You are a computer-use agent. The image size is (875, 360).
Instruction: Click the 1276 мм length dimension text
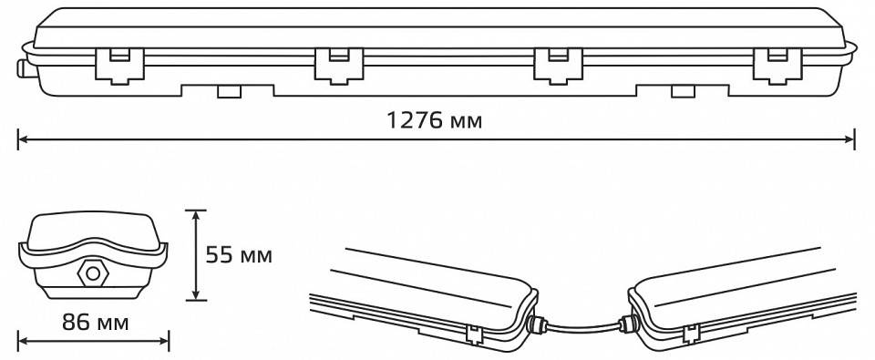click(435, 120)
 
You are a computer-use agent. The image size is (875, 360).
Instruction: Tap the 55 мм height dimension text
click(239, 255)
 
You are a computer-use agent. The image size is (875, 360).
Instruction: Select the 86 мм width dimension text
click(95, 322)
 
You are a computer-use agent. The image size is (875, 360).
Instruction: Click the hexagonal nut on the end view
click(94, 273)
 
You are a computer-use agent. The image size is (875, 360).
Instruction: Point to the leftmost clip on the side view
click(119, 66)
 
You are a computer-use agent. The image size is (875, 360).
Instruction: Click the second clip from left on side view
click(339, 66)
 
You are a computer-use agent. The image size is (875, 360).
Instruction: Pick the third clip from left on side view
click(558, 66)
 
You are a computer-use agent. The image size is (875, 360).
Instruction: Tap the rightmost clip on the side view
click(777, 66)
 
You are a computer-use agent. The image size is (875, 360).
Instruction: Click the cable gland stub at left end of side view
click(21, 68)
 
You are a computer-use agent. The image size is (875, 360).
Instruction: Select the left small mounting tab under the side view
click(228, 91)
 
